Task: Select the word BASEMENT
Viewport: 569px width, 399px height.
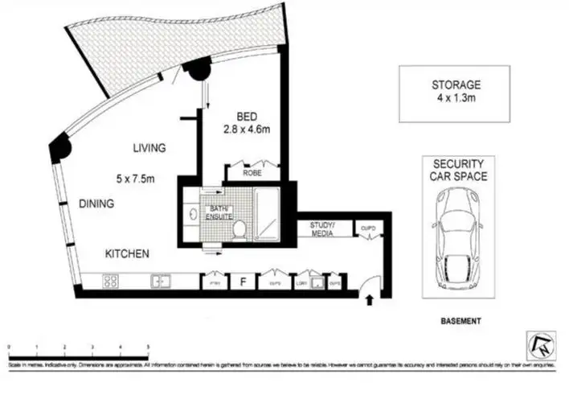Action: pos(461,320)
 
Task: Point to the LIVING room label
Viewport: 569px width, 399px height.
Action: pos(149,148)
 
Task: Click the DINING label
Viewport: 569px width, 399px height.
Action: pos(96,204)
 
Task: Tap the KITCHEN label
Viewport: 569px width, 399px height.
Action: pos(127,254)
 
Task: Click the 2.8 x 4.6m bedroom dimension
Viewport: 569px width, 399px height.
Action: pos(247,128)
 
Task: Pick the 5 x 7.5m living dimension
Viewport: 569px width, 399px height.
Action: pos(136,177)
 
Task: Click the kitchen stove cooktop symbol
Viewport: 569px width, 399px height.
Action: pos(110,282)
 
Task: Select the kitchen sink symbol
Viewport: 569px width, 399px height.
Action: pos(162,282)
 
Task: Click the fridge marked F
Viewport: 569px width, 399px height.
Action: pos(241,282)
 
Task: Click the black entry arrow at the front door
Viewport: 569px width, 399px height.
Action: pos(370,301)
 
